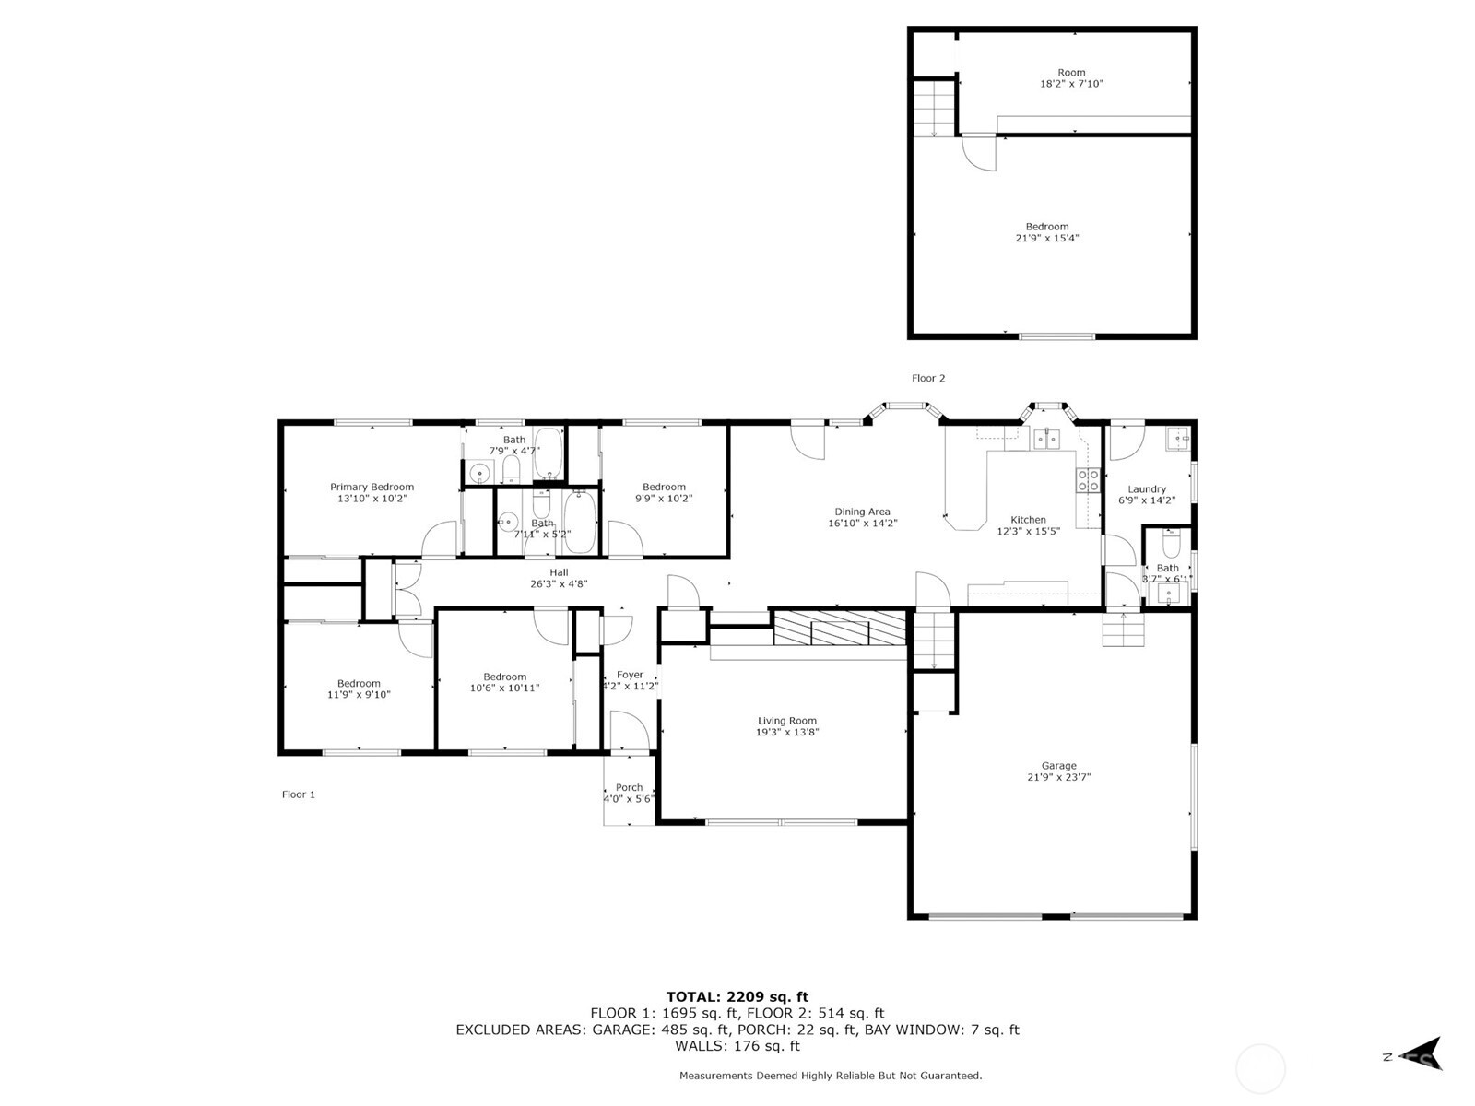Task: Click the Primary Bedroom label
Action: (x=372, y=487)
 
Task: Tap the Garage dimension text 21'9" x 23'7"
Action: (x=1058, y=777)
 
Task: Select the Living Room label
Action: (x=787, y=721)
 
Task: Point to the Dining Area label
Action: (x=862, y=512)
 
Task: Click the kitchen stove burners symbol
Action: (x=1088, y=479)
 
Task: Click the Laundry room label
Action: (x=1147, y=489)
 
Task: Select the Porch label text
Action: (x=629, y=787)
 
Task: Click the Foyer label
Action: (x=630, y=675)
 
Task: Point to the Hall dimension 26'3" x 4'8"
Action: (x=559, y=583)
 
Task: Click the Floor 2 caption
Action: (x=928, y=378)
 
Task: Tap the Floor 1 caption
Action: (x=299, y=794)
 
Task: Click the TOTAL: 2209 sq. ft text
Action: (x=737, y=996)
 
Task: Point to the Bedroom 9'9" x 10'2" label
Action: (x=664, y=487)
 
